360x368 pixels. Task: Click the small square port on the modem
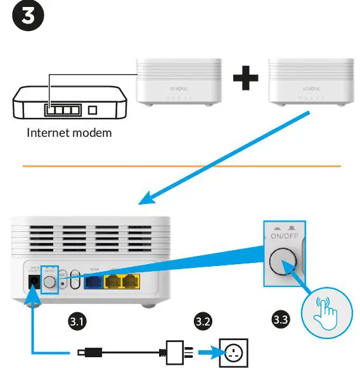click(93, 110)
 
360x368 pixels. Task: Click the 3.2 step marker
click(203, 322)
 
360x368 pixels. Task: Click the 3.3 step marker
click(280, 319)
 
